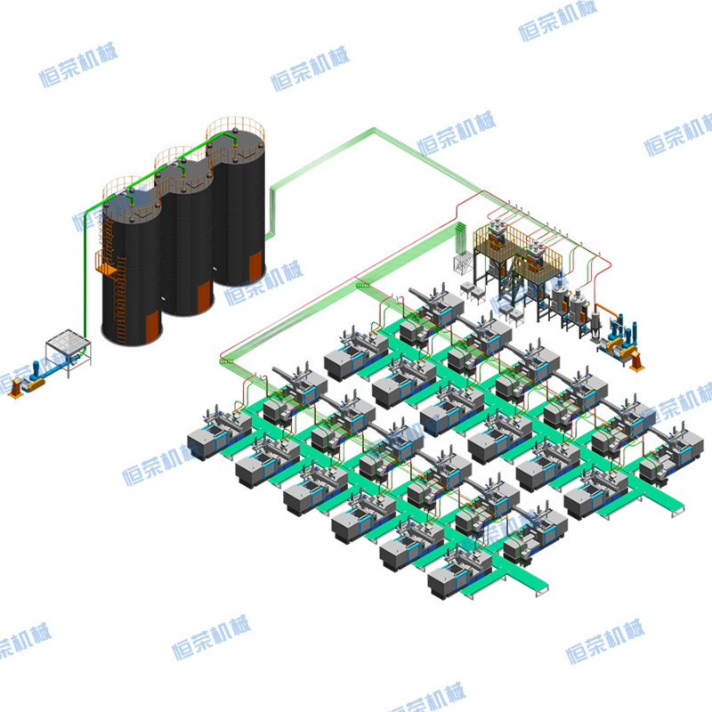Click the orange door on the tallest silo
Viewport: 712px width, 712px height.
pyautogui.click(x=255, y=266)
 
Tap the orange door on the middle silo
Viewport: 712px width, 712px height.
pyautogui.click(x=205, y=296)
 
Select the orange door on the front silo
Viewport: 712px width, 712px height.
pyautogui.click(x=153, y=326)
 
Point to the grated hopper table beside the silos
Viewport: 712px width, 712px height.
pyautogui.click(x=69, y=351)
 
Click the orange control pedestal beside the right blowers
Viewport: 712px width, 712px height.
pyautogui.click(x=636, y=361)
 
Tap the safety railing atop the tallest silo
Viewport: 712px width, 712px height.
pyautogui.click(x=235, y=128)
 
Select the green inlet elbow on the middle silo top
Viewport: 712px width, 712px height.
pyautogui.click(x=183, y=170)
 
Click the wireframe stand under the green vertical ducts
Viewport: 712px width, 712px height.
pyautogui.click(x=463, y=263)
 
